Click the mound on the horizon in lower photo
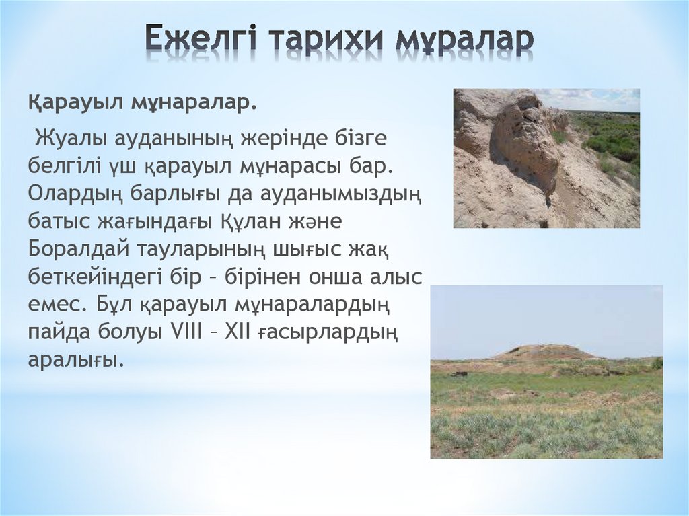pyautogui.click(x=545, y=352)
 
